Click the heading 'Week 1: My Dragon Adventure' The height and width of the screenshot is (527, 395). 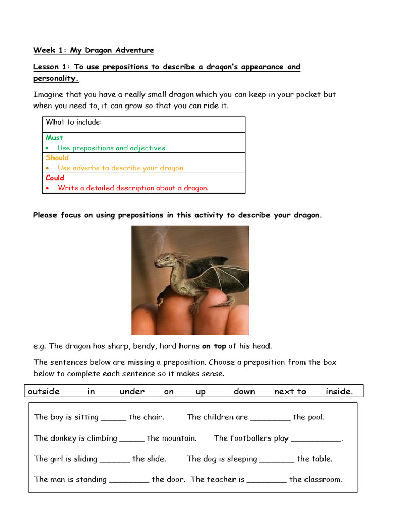pos(94,50)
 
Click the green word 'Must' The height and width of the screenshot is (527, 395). pos(54,137)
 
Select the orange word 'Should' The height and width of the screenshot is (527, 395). pos(57,157)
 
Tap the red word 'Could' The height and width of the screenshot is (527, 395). pos(55,178)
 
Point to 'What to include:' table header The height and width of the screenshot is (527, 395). pos(74,122)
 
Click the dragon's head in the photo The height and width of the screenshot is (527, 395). pos(166,260)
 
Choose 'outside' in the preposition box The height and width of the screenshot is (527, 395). pos(44,391)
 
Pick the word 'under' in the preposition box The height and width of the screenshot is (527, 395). pos(132,391)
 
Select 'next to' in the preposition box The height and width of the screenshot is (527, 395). pos(290,391)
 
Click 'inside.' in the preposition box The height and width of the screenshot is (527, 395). pos(339,391)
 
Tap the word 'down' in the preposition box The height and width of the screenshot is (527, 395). pos(244,391)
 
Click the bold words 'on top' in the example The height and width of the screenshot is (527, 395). pos(214,346)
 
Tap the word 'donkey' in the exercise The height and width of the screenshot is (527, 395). pos(63,438)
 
